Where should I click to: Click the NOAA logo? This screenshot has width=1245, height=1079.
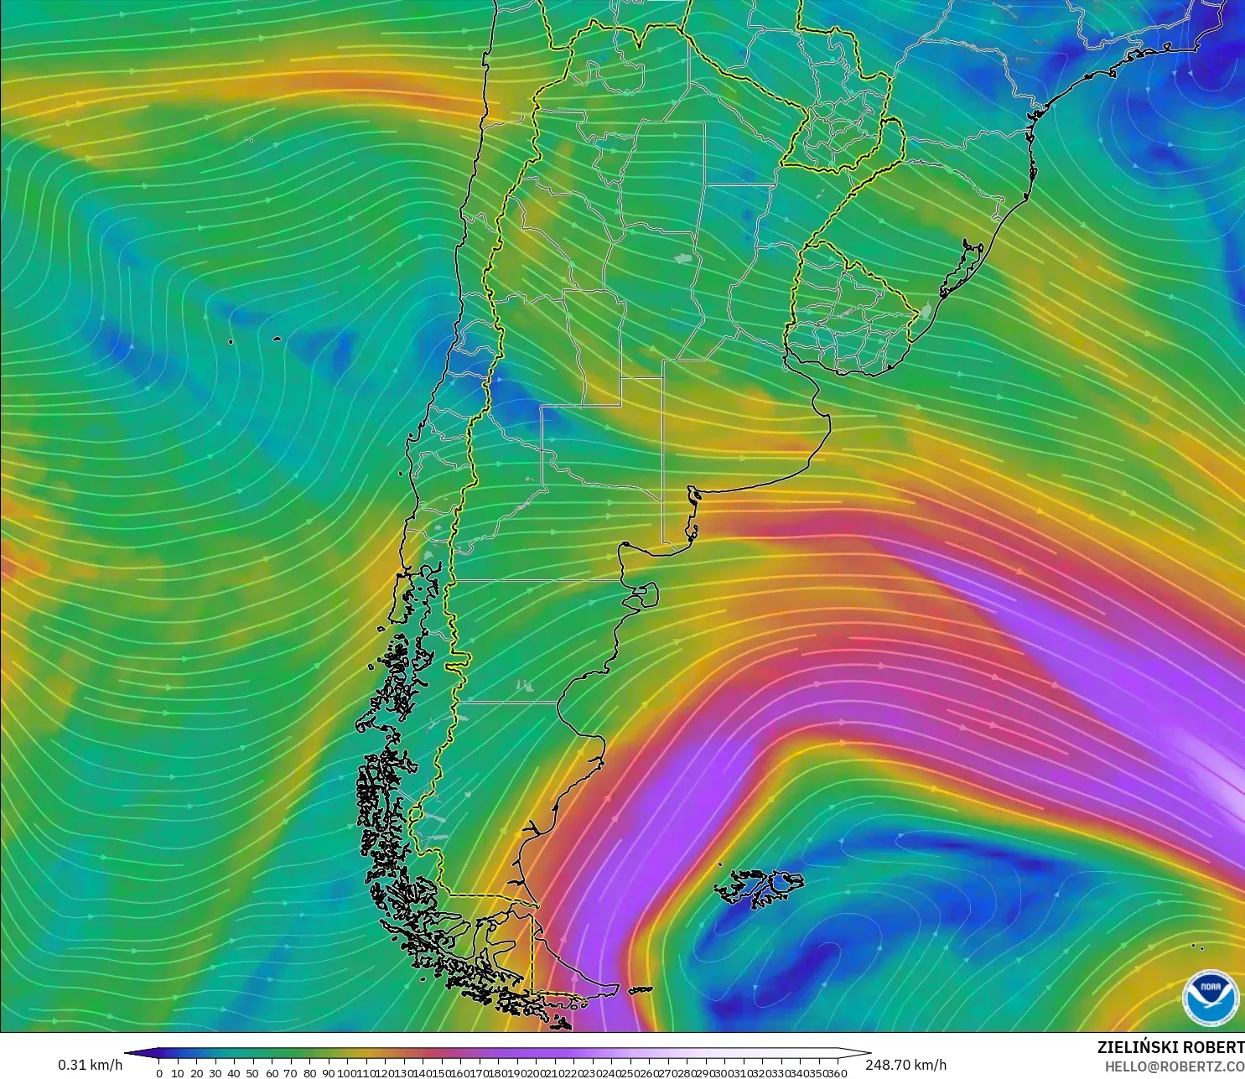(x=1210, y=996)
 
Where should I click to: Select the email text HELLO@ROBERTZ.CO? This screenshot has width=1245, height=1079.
(x=1174, y=1066)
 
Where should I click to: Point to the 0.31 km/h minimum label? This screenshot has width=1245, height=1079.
(x=90, y=1065)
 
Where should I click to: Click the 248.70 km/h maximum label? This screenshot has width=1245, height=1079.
(x=905, y=1065)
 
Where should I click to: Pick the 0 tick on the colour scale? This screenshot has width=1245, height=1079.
(x=159, y=1073)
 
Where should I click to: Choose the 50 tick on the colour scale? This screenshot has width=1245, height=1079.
(x=252, y=1073)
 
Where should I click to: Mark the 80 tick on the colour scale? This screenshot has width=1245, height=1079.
(x=309, y=1073)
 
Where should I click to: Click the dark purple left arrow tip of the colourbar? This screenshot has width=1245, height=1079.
(x=131, y=1053)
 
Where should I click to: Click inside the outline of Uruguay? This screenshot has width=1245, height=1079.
(x=847, y=314)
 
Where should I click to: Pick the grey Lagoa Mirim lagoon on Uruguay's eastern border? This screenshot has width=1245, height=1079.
(x=925, y=312)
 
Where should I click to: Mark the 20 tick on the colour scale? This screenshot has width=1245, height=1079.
(x=196, y=1073)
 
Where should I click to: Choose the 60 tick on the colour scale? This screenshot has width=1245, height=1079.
(x=272, y=1073)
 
